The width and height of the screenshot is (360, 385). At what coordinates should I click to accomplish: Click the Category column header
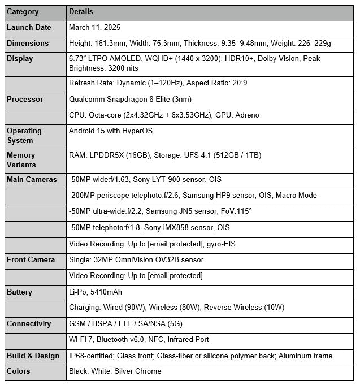(x=23, y=12)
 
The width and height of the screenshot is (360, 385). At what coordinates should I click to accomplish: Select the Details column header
(x=81, y=12)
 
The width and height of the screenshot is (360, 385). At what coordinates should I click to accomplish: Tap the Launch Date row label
(x=29, y=28)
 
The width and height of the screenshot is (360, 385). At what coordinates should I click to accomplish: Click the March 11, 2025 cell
(x=94, y=28)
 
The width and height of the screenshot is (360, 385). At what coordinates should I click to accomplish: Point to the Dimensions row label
(x=28, y=44)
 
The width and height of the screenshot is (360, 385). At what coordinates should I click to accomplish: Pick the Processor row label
(x=25, y=100)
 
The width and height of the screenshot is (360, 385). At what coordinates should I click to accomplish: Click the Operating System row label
(x=24, y=136)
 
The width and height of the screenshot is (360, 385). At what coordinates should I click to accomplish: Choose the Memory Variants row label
(x=21, y=160)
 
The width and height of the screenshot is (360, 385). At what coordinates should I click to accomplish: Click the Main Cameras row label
(x=32, y=180)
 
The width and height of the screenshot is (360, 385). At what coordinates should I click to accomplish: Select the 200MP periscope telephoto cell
(x=192, y=196)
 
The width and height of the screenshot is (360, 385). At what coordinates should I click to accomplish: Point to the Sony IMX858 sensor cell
(x=149, y=228)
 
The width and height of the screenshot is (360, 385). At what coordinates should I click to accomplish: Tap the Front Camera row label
(x=31, y=260)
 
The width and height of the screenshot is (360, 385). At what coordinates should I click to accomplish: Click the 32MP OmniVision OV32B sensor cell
(x=136, y=260)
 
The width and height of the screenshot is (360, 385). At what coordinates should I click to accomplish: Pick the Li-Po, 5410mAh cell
(x=95, y=292)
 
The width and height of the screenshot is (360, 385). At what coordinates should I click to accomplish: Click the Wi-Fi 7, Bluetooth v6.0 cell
(x=138, y=340)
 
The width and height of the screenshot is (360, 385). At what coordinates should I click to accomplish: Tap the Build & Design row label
(x=33, y=356)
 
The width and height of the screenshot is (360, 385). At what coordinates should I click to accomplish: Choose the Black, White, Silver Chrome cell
(x=115, y=371)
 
